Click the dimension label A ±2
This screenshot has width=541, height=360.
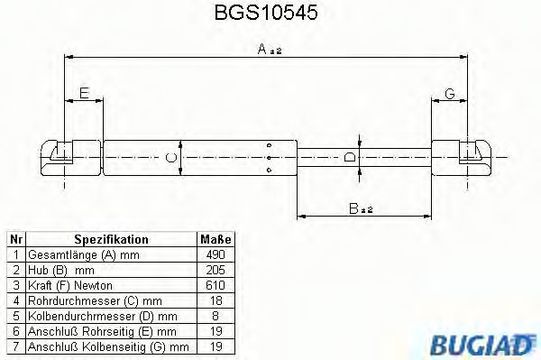270,51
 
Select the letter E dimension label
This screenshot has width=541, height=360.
84,93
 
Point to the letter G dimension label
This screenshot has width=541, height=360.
448,93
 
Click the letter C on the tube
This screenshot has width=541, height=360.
172,158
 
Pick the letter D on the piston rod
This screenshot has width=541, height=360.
350,157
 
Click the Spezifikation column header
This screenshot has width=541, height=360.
111,240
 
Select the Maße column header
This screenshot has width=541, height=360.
215,240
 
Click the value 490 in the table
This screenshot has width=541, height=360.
215,255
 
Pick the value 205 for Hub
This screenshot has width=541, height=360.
215,270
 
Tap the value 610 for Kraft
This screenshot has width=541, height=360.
215,284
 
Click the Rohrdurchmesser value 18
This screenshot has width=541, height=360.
215,300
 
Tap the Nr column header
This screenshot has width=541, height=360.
15,240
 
